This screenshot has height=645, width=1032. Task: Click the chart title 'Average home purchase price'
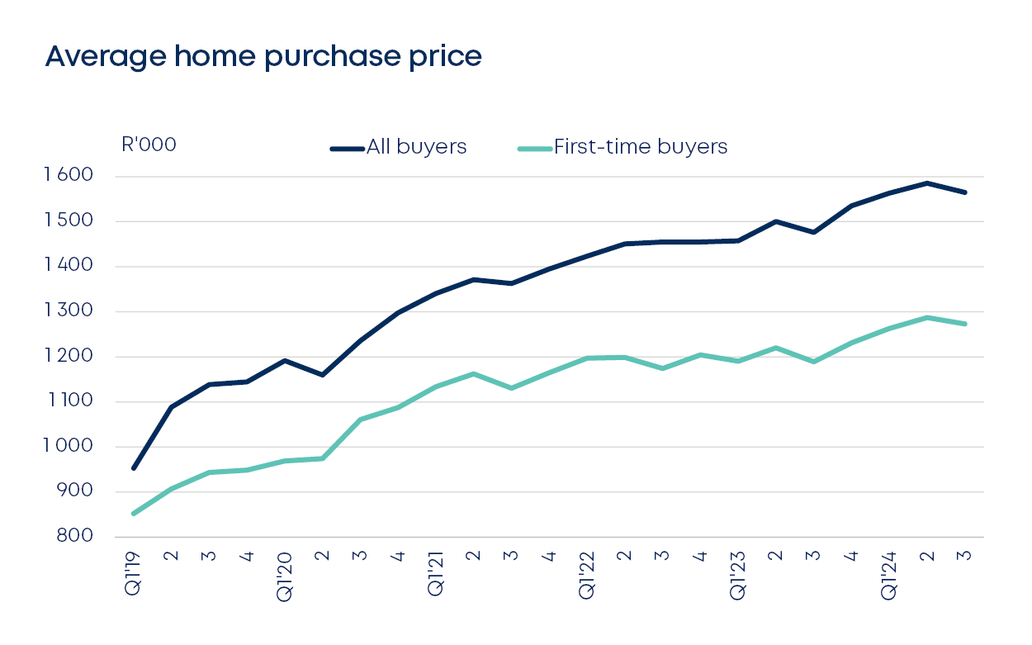tap(263, 56)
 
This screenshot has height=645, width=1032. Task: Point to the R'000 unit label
tap(149, 145)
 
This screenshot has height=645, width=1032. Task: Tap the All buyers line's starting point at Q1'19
tap(134, 468)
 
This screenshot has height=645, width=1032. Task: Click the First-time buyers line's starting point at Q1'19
tap(134, 514)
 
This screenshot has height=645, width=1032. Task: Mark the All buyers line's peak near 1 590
tap(927, 183)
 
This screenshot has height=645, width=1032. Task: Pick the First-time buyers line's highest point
tap(927, 317)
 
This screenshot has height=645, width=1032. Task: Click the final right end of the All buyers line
tap(965, 192)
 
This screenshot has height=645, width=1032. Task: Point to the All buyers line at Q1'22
tap(587, 256)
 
